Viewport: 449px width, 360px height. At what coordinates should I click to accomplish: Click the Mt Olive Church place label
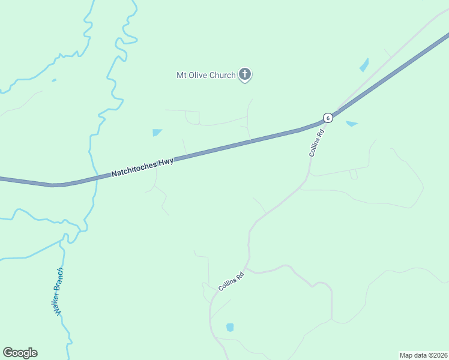(x=205, y=75)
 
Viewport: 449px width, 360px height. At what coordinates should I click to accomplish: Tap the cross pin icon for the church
(x=244, y=74)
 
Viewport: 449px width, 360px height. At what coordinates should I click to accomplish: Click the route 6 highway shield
(x=327, y=117)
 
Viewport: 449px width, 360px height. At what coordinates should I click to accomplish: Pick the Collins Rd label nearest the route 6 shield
(x=316, y=143)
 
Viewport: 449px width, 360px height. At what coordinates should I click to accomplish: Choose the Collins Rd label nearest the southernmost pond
(x=231, y=280)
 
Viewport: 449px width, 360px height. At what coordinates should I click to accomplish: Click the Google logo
(x=20, y=353)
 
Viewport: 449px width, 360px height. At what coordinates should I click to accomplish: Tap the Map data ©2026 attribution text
(x=424, y=355)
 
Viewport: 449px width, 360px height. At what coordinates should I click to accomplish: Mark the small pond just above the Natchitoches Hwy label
(x=157, y=132)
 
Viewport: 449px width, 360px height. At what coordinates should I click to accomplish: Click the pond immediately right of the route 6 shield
(x=352, y=124)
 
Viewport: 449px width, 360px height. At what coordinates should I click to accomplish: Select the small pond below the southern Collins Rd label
(x=229, y=327)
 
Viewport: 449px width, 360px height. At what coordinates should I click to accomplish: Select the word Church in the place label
(x=222, y=75)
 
